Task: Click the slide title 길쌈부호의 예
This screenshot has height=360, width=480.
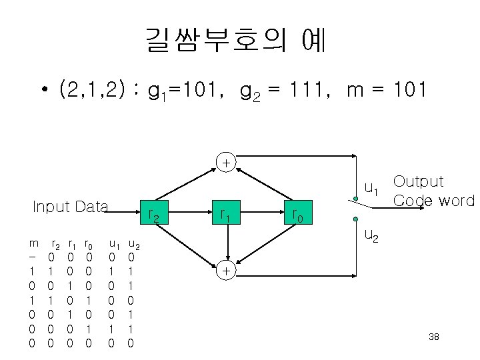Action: point(235,41)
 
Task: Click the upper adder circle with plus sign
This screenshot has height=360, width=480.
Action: point(227,162)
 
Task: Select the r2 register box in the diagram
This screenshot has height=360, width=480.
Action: point(154,215)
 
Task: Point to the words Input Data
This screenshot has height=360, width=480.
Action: point(70,207)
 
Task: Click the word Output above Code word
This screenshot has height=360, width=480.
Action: point(418,181)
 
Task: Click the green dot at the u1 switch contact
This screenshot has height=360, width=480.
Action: point(356,198)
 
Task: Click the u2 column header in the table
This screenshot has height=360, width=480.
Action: point(133,245)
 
